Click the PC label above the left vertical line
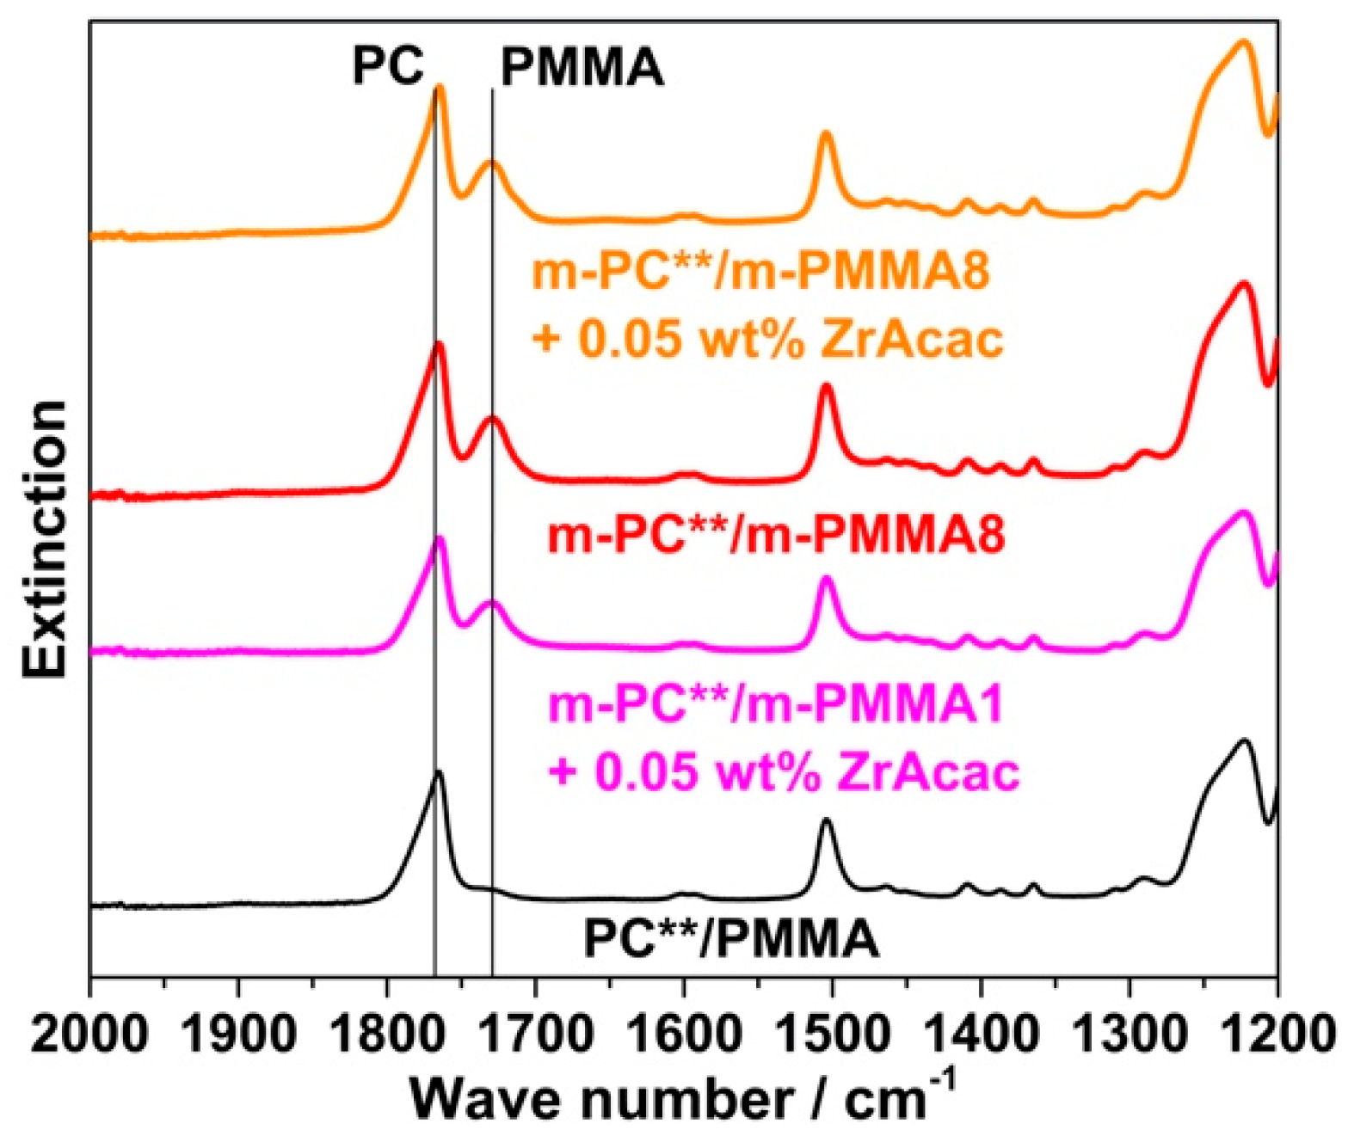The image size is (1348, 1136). (388, 66)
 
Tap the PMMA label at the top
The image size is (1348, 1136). (582, 68)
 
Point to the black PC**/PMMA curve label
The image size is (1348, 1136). (731, 938)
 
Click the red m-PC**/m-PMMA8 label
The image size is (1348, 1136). (776, 535)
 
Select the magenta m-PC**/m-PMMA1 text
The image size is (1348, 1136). (776, 705)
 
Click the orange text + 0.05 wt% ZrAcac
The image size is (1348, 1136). (767, 339)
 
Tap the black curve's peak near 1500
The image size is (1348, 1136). (827, 820)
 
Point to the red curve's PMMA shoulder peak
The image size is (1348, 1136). (492, 418)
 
